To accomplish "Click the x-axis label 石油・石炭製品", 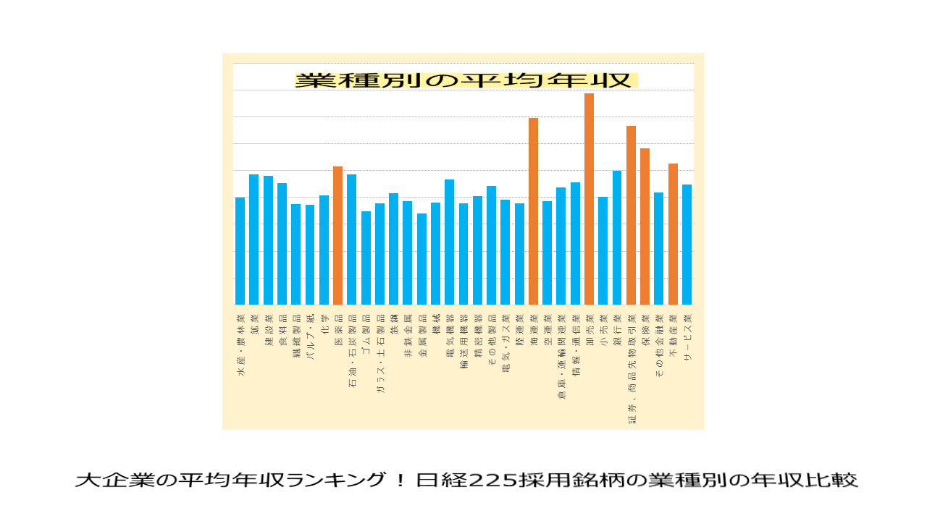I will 352,352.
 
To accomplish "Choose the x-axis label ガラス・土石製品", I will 379,354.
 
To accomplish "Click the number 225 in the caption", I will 492,480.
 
